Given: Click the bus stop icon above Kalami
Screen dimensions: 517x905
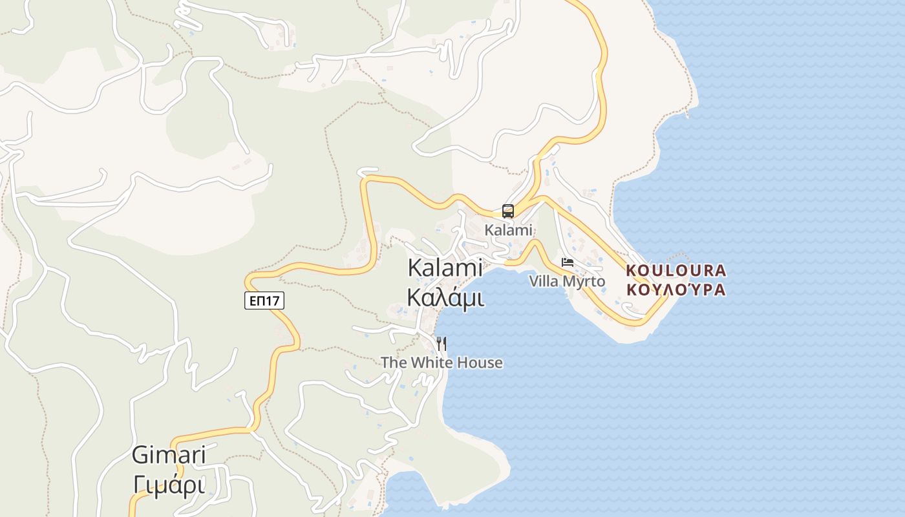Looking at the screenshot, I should tap(508, 211).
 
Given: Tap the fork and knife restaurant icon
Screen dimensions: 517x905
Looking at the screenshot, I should tap(442, 343).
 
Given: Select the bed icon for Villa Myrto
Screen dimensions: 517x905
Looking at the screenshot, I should tap(568, 262).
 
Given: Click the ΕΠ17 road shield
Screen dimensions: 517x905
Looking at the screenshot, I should tap(264, 301).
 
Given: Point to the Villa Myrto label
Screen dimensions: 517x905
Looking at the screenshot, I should tap(567, 282).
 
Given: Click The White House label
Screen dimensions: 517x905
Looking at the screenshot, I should tap(442, 363).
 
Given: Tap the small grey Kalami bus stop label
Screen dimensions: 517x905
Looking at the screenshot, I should tap(508, 230).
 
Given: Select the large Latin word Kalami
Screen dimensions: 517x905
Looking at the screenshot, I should tap(445, 268).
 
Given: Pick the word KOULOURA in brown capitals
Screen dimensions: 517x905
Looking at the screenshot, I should tap(676, 270).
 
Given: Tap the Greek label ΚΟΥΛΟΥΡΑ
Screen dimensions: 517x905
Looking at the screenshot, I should tap(676, 290).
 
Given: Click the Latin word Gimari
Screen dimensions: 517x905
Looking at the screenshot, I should tap(169, 455).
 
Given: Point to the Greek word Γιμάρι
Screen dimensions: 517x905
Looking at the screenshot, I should tap(169, 484).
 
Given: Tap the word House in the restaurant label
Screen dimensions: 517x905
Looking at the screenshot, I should tap(478, 363).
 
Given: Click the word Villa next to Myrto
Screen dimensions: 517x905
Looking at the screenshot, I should tap(544, 282).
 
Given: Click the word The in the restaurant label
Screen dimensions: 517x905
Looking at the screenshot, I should tap(394, 363).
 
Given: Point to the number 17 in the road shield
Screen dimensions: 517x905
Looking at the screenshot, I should tap(274, 301).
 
